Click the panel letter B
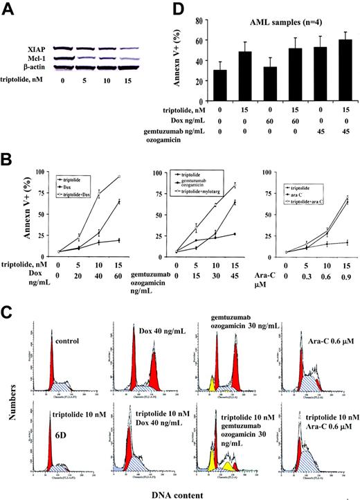pos(9,165)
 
